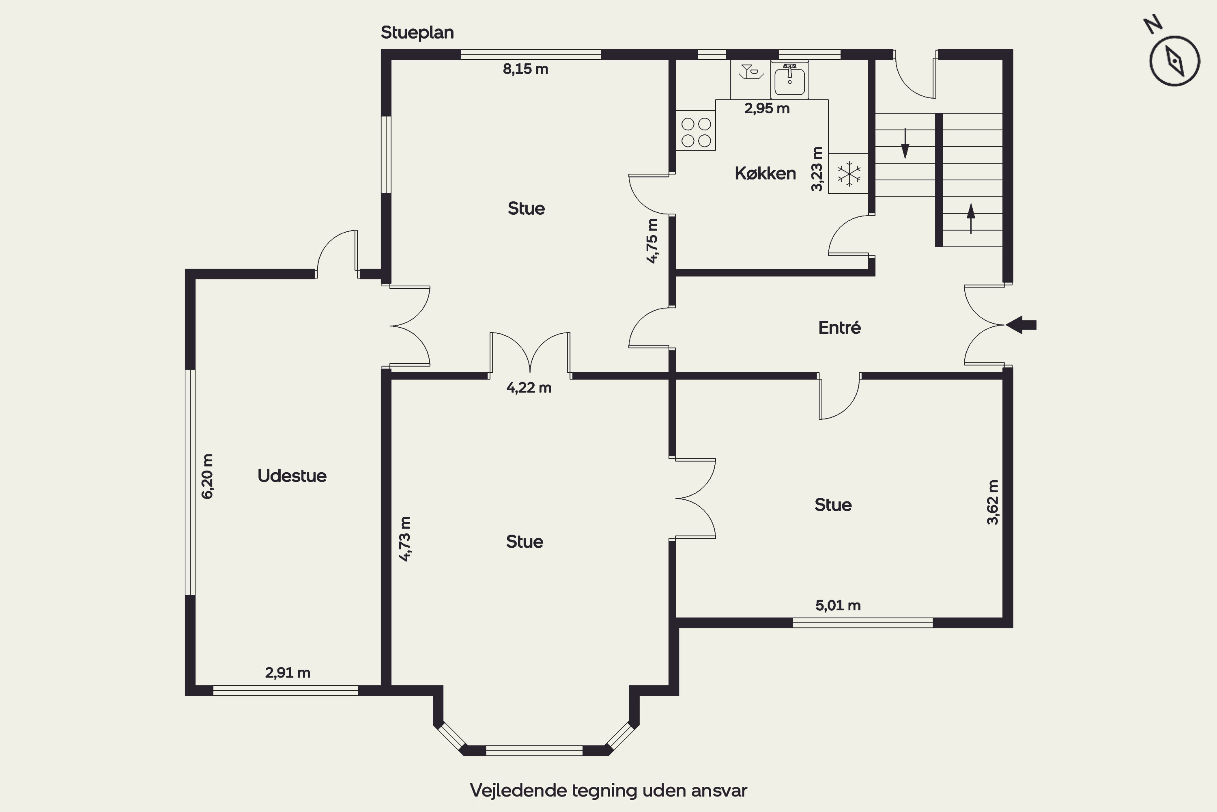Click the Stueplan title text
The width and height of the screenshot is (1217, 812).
pos(417,32)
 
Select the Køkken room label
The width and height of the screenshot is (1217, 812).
pos(765,173)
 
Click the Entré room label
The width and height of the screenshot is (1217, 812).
pos(839,327)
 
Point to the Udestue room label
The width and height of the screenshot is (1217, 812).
pos(292,476)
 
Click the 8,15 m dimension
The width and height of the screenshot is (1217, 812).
pos(525,69)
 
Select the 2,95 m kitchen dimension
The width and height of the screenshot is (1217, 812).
pos(767,108)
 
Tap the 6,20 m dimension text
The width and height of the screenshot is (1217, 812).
pos(207,476)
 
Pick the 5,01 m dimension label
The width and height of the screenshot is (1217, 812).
pos(838,605)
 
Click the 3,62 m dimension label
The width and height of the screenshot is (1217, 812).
pos(992,502)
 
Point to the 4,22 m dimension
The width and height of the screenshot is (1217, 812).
pos(529,388)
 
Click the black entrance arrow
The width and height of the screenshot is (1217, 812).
pos(1021,325)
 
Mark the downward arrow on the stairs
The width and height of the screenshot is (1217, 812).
pos(905,143)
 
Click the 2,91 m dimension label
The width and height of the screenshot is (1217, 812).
pos(288,673)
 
